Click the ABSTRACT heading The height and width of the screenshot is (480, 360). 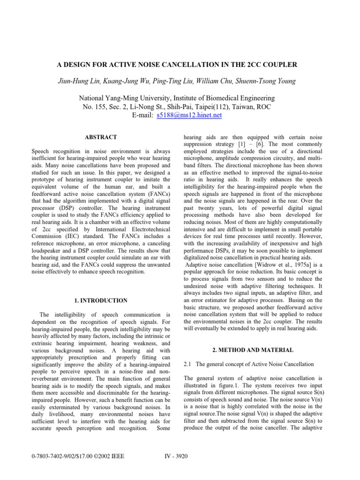coord(100,137)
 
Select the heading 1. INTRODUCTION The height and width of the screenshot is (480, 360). coord(100,300)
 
